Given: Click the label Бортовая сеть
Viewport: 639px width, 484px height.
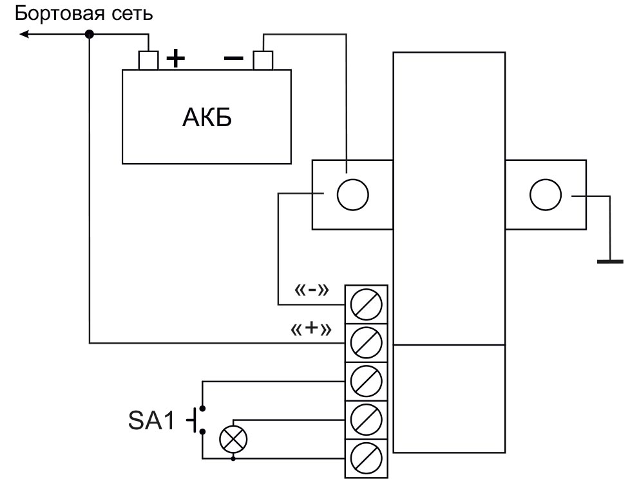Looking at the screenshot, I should (84, 14).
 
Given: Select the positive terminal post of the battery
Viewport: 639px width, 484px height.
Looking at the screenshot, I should (149, 60).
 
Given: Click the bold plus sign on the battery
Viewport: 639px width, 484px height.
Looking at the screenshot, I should (175, 59).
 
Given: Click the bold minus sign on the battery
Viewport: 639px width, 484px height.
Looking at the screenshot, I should (233, 59).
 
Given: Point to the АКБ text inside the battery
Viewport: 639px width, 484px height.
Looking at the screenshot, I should (206, 119).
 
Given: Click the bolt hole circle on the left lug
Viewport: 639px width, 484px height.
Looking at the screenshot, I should (352, 194).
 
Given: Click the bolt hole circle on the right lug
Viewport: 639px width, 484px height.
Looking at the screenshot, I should (545, 194).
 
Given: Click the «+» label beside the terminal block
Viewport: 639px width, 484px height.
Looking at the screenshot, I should (311, 330).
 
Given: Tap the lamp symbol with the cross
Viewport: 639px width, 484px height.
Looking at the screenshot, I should (233, 440).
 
